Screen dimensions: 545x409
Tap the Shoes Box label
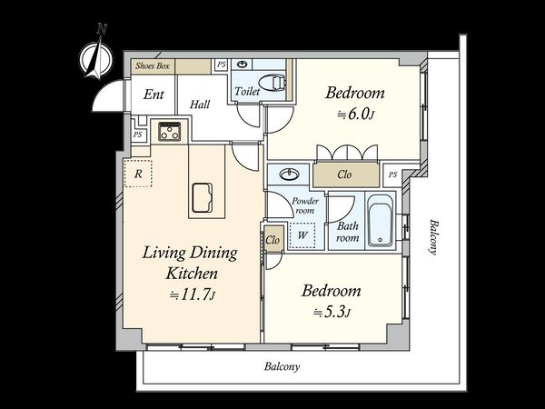click(153, 65)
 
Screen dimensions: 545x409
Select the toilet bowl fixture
click(272, 82)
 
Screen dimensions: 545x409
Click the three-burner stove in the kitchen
click(170, 132)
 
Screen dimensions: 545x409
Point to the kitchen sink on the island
click(203, 197)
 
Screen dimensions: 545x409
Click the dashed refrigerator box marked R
click(138, 174)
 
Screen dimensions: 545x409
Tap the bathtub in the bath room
click(381, 220)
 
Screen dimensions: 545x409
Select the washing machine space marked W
click(302, 235)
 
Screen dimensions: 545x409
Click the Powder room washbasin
click(289, 175)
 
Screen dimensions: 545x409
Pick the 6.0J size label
click(355, 115)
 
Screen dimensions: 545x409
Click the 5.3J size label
click(332, 312)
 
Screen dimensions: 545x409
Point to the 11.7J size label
click(193, 295)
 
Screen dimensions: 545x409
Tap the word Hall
click(200, 105)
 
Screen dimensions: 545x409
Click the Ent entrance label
click(154, 95)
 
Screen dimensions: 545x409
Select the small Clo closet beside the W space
click(272, 239)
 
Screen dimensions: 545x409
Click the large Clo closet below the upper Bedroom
click(346, 175)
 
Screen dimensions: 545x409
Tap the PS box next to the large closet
click(392, 175)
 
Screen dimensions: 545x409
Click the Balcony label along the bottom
click(282, 366)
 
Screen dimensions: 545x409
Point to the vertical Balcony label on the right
click(432, 237)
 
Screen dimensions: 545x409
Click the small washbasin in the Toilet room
click(243, 64)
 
